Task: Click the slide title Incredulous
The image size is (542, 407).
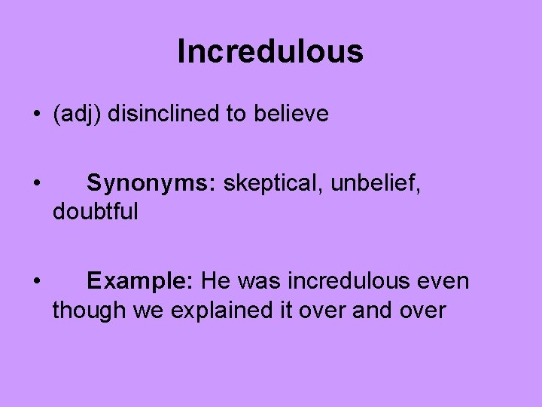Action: [x=270, y=51]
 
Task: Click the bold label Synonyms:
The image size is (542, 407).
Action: [x=152, y=183]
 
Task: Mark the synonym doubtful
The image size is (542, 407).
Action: [x=95, y=212]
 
